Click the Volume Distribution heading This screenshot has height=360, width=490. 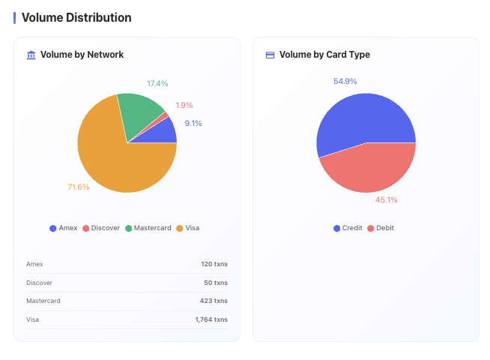point(76,17)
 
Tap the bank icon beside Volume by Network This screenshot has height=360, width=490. point(31,55)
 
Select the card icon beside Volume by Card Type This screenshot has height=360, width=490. point(270,55)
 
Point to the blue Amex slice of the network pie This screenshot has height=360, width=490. point(163,133)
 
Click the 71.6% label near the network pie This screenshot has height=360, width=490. point(78,187)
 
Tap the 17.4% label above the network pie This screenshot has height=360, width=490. point(157,83)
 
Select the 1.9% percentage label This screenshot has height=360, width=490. point(184,105)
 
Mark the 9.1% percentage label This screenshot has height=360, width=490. point(193,124)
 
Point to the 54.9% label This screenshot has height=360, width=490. point(345,81)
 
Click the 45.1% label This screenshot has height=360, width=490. point(387,200)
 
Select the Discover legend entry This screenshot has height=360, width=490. point(101,228)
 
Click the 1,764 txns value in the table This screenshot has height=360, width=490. point(211,319)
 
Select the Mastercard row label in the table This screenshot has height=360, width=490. point(43,301)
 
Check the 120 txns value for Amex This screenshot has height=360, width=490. point(214,264)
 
